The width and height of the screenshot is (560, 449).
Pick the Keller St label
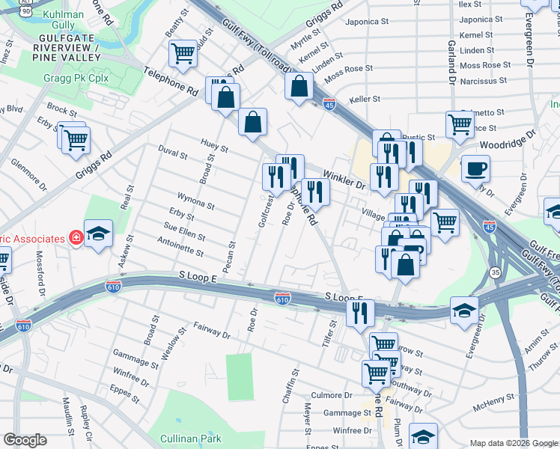[x=365, y=99]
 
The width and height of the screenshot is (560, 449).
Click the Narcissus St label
[x=483, y=80]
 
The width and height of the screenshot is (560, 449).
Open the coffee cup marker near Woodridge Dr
[x=475, y=168]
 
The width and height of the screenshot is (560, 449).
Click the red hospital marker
[x=75, y=238]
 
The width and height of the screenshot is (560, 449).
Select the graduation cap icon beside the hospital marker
[x=98, y=233]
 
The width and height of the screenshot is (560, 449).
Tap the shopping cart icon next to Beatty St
[x=183, y=53]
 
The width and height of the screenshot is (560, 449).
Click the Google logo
[x=25, y=439]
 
